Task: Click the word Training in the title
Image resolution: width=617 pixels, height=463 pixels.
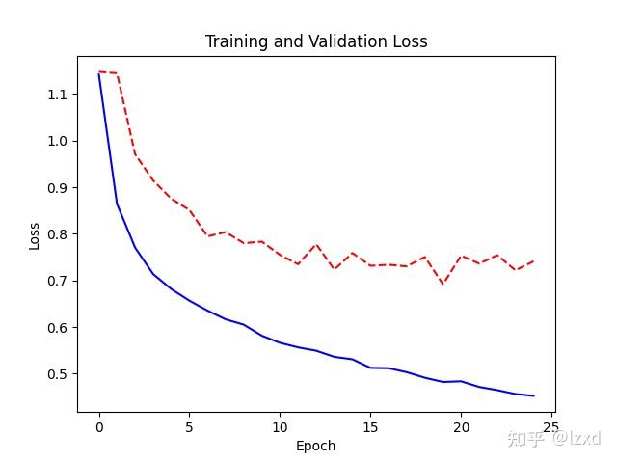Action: point(237,41)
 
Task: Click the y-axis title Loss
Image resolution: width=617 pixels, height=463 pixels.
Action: point(35,235)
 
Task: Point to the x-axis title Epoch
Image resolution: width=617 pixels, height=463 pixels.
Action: point(315,446)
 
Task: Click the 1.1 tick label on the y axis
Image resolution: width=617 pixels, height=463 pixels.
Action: point(58,95)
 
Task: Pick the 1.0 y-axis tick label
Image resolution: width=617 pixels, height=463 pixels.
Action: point(58,141)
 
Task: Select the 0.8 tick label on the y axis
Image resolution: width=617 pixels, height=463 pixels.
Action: point(58,234)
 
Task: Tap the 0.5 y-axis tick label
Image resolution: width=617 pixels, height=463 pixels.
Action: point(58,374)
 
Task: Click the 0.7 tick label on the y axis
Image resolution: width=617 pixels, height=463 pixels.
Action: point(58,281)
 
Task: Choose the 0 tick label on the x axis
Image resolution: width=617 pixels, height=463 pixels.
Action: point(99,427)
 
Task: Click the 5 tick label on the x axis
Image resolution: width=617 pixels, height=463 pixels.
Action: point(190,427)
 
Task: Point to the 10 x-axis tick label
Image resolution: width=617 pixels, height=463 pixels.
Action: point(280,427)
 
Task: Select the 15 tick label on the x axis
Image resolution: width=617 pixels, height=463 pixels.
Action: point(370,427)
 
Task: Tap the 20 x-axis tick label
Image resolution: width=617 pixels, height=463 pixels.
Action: point(461,427)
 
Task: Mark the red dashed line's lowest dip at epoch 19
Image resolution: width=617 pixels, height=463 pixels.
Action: point(443,284)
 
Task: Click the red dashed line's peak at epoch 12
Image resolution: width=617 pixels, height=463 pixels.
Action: point(316,244)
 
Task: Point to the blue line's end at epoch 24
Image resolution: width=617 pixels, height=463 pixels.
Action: point(533,395)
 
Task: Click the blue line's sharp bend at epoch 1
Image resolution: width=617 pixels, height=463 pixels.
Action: point(118,204)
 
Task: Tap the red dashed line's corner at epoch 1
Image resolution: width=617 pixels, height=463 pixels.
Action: point(117,73)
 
